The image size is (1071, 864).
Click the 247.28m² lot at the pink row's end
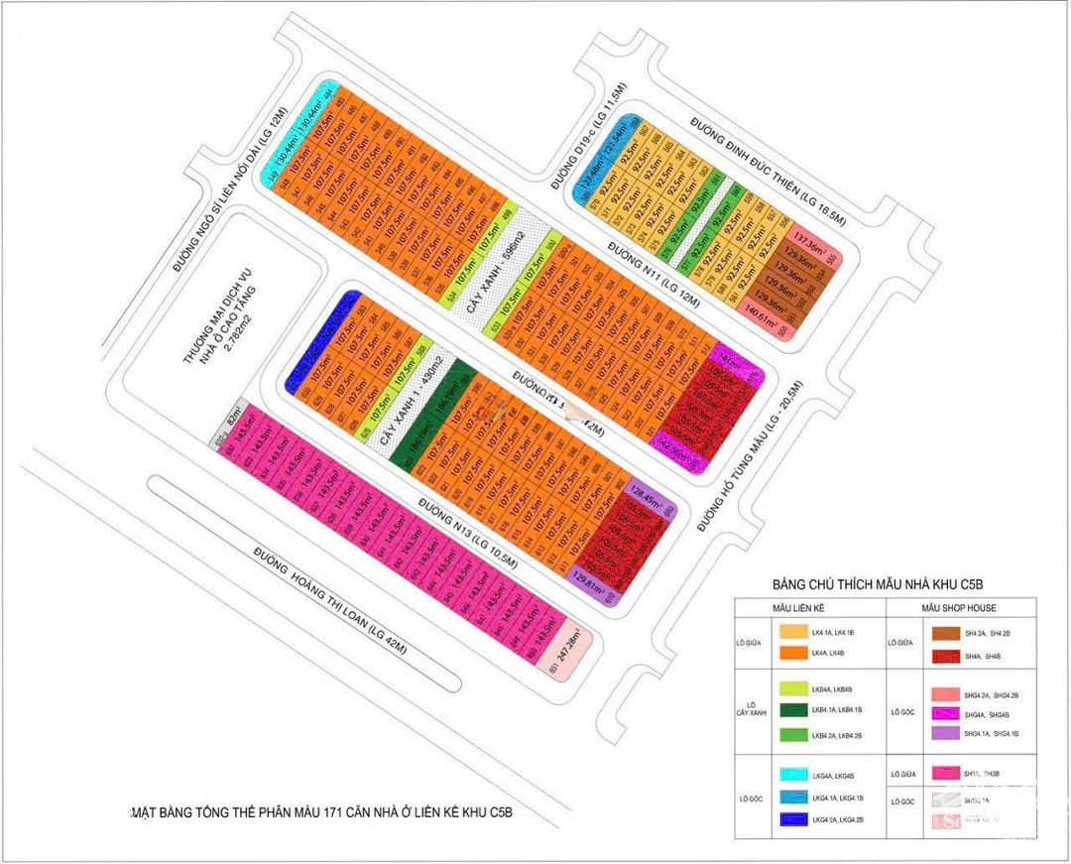point(573,651)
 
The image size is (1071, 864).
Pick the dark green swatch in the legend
point(793,709)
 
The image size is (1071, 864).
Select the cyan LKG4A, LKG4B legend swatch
point(793,775)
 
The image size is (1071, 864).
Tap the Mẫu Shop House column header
point(958,607)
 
